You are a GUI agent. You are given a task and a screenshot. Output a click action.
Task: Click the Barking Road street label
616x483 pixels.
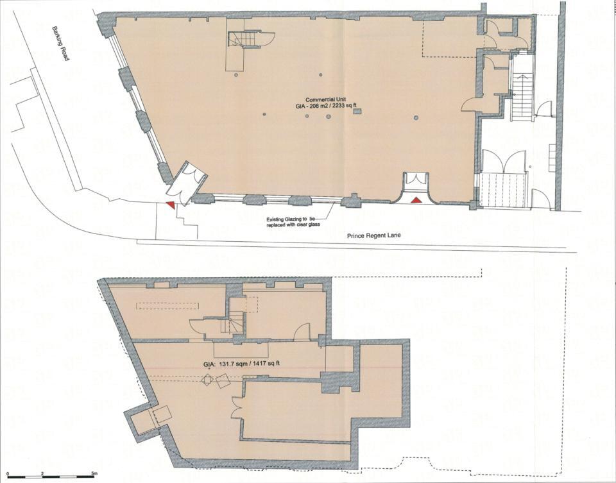point(61,44)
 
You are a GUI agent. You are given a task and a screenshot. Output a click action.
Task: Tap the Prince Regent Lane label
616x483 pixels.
point(373,235)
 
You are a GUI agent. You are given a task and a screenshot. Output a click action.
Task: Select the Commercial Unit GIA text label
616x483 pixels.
point(325,103)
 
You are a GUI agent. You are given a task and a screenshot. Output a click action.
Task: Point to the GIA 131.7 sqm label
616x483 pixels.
point(241,364)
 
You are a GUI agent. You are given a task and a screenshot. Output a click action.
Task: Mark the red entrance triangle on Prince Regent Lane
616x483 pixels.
point(416,200)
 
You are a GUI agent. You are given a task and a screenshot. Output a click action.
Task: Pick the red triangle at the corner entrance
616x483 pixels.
point(170,205)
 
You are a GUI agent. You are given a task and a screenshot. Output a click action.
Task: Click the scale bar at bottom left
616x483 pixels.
point(51,477)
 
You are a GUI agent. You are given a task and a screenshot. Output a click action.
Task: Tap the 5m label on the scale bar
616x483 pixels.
point(94,472)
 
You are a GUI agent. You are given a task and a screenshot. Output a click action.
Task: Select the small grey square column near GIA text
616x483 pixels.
point(357,112)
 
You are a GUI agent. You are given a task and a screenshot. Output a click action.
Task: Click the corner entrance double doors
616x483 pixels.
point(186,182)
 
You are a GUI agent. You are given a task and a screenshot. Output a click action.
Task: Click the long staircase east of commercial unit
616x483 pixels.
point(522,96)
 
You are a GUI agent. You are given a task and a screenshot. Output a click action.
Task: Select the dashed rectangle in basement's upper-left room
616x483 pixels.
point(167,306)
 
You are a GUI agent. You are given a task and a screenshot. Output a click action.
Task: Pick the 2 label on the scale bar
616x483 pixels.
point(42,472)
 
